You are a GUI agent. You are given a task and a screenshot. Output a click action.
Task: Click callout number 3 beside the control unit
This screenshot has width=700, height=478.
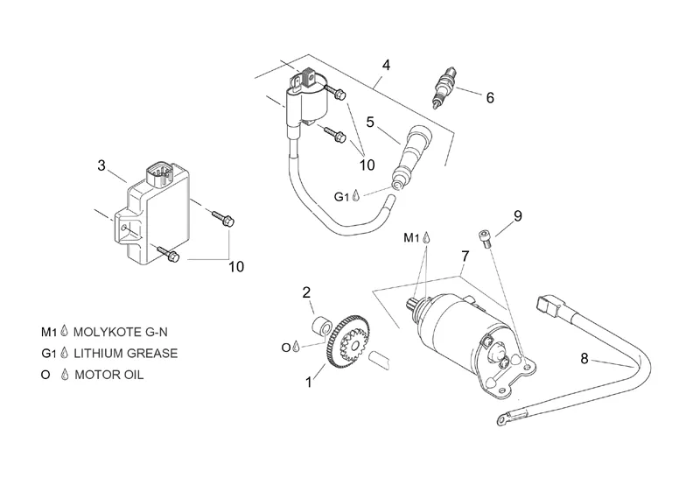pyautogui.click(x=101, y=165)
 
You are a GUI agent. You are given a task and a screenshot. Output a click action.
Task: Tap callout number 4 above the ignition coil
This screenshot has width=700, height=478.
pyautogui.click(x=386, y=66)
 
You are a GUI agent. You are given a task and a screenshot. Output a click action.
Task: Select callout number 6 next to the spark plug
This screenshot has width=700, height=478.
pyautogui.click(x=490, y=98)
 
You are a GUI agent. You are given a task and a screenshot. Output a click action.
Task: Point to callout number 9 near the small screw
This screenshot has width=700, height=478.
pyautogui.click(x=517, y=215)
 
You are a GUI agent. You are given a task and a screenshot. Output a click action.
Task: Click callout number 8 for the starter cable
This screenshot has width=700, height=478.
pyautogui.click(x=584, y=358)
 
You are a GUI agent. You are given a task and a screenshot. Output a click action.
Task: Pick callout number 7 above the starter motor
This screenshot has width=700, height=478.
pyautogui.click(x=465, y=256)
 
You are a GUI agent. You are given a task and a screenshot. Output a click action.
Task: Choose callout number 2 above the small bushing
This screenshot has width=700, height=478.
pyautogui.click(x=307, y=292)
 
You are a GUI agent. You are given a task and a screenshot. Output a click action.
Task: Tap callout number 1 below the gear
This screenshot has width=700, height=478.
pyautogui.click(x=308, y=382)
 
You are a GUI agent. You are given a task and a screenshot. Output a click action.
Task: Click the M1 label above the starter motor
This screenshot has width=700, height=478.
pyautogui.click(x=412, y=237)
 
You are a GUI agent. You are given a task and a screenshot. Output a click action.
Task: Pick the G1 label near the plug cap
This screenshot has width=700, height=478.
pyautogui.click(x=344, y=196)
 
